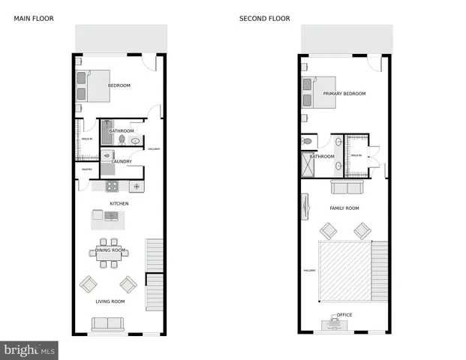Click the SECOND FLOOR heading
[264, 19]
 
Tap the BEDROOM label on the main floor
[119, 85]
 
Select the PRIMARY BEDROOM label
[344, 94]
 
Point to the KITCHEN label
[119, 203]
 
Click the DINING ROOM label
[110, 250]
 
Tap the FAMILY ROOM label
[344, 208]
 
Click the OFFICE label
[344, 314]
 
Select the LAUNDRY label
[122, 161]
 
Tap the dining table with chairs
[110, 253]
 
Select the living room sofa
[109, 324]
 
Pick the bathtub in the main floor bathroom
[107, 132]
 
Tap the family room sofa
[347, 187]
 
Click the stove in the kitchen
[111, 186]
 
